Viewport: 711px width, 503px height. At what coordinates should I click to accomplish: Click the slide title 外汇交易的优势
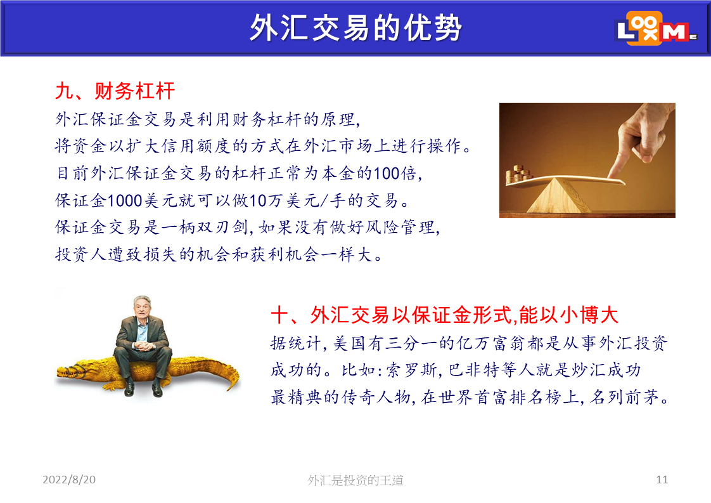click(355, 28)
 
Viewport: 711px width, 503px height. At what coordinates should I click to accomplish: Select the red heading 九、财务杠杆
click(115, 91)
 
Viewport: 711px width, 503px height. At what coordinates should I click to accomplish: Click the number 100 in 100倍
click(387, 173)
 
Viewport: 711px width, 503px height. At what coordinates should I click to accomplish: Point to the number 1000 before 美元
click(125, 200)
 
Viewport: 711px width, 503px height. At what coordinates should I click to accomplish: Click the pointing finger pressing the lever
click(639, 141)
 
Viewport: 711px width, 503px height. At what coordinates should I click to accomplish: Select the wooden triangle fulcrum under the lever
click(558, 195)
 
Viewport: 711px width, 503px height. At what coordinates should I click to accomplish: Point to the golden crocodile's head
click(72, 371)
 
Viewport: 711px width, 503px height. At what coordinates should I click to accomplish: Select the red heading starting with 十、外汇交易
click(444, 315)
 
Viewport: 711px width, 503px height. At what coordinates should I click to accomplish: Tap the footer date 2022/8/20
click(69, 480)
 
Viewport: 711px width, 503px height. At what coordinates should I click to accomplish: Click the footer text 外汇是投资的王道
click(355, 480)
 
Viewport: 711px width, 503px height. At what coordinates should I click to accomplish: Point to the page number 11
click(662, 480)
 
